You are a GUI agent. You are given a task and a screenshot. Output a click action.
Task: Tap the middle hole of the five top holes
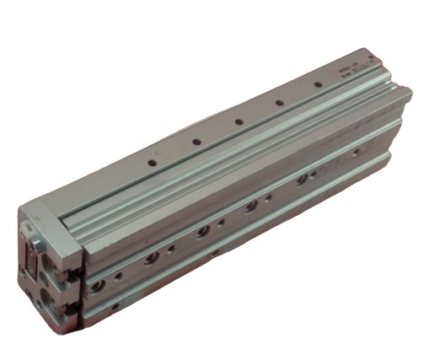[x=239, y=121]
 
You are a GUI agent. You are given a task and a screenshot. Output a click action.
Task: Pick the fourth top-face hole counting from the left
[x=280, y=104]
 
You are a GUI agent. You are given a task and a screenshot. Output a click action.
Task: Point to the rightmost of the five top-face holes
[x=319, y=86]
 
